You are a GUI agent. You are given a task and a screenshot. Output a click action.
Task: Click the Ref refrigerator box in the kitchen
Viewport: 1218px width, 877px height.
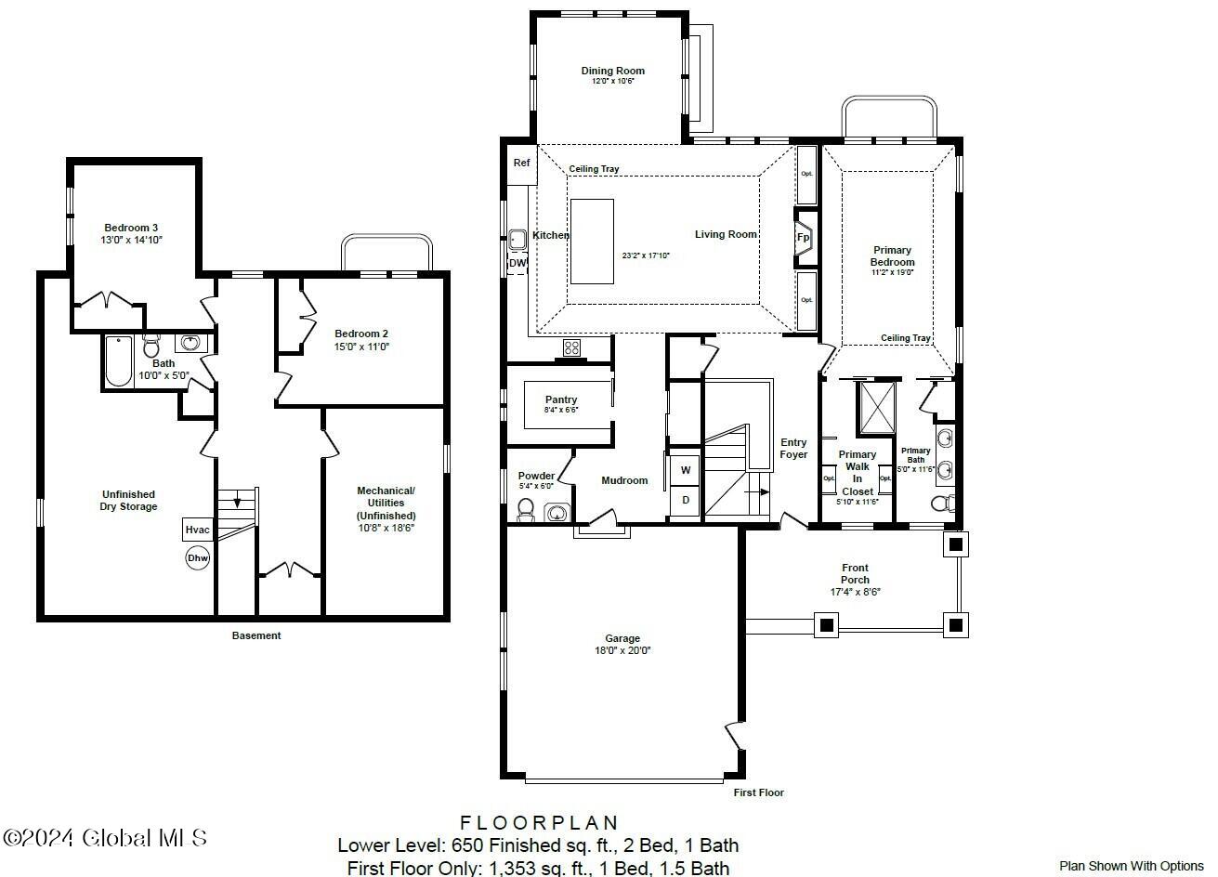pos(522,164)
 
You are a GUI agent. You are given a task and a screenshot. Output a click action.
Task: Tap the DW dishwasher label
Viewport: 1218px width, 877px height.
pos(517,263)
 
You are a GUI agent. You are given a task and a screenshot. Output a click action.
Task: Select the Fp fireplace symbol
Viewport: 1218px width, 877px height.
pos(804,238)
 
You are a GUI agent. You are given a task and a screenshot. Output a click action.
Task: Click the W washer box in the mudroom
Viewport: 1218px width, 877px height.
pos(686,470)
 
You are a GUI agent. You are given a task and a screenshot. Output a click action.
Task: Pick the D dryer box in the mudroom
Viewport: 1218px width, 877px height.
pos(686,501)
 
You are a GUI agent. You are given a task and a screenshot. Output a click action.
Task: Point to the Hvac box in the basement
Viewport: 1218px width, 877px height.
pos(198,530)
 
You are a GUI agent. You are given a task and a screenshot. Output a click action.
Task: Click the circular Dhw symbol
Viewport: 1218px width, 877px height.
pos(198,558)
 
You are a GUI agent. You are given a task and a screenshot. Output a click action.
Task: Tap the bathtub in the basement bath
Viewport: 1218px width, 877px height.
pos(119,361)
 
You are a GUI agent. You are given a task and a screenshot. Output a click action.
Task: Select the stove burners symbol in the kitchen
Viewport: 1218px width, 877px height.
pos(572,348)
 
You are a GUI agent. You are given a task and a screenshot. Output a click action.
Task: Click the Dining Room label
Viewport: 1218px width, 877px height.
pos(612,71)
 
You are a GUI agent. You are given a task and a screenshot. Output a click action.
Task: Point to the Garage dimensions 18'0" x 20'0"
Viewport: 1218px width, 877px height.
pos(622,650)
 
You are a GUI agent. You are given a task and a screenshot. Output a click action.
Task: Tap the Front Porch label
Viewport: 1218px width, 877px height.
pos(855,573)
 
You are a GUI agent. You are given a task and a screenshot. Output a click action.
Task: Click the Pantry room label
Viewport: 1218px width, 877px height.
pos(561,399)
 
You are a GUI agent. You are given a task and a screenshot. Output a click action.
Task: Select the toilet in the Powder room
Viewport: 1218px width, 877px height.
pos(525,509)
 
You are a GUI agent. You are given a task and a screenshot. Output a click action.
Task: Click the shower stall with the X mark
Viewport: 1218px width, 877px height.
pos(876,407)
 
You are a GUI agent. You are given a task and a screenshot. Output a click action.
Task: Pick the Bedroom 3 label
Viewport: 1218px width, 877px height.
pos(131,228)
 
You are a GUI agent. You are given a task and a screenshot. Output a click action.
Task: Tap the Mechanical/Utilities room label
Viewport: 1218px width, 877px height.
pos(386,503)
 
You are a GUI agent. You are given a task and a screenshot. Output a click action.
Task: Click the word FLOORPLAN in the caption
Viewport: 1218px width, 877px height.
pos(539,822)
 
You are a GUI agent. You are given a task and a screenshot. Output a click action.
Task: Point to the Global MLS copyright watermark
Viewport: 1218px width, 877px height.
pos(105,838)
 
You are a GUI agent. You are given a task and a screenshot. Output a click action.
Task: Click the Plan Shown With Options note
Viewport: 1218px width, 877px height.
pos(1131,866)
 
